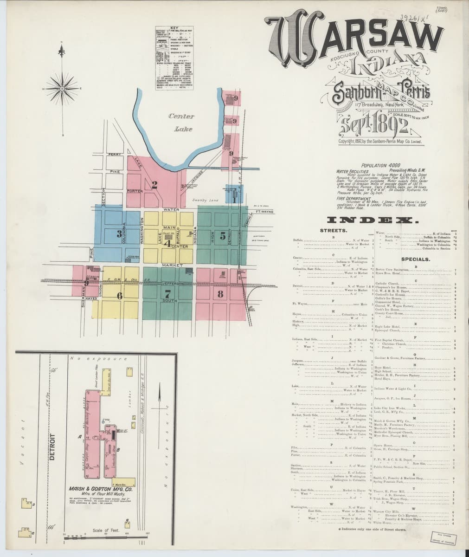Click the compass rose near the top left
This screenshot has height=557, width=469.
[x=62, y=88]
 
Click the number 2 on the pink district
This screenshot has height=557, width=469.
[x=154, y=185]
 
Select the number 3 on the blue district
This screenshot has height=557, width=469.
[x=119, y=234]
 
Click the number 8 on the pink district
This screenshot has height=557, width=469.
[x=220, y=293]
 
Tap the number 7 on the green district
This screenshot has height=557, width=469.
[x=167, y=293]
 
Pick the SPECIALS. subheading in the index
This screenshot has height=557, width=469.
[x=415, y=259]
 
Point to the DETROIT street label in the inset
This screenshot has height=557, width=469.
[x=52, y=446]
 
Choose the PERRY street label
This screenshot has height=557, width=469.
[x=114, y=154]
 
